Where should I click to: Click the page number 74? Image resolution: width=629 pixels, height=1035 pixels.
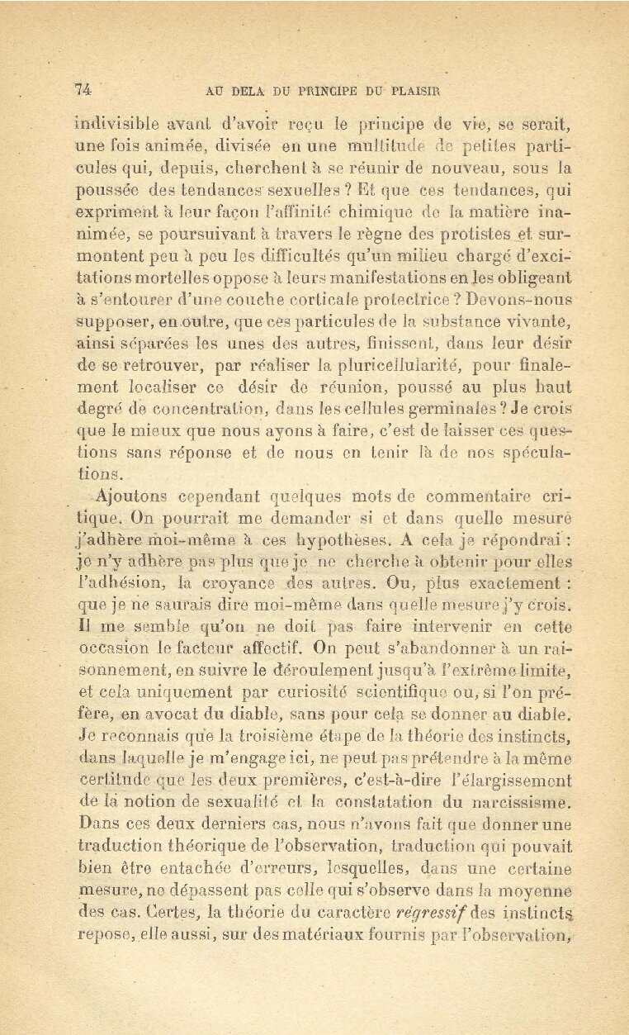pos(83,90)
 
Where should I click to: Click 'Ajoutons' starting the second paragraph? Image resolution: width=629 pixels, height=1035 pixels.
pos(132,497)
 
